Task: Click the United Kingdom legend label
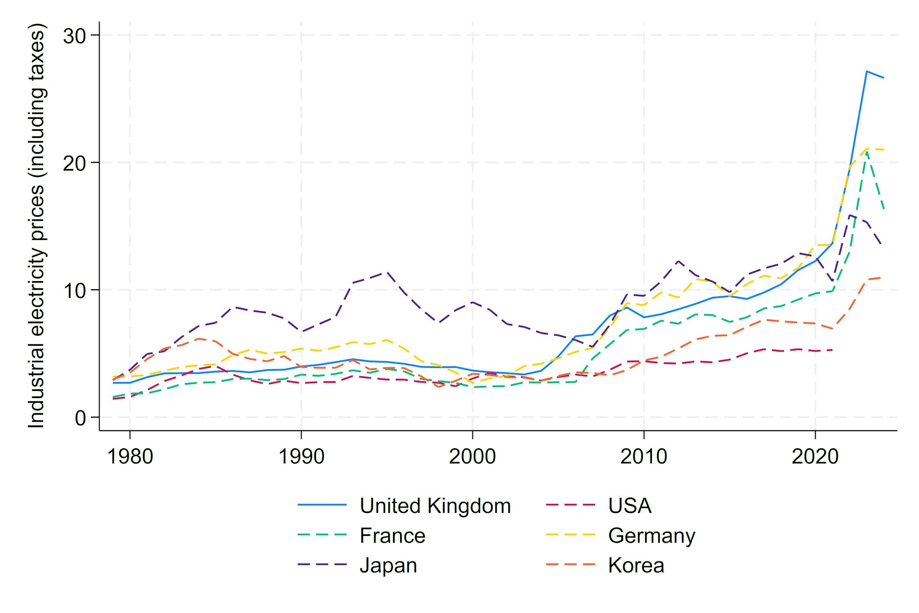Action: point(435,506)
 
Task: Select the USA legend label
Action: point(629,506)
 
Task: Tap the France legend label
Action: point(392,535)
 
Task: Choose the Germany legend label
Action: point(651,535)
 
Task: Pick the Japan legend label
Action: point(388,565)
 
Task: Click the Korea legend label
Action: point(636,565)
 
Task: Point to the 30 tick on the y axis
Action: point(74,35)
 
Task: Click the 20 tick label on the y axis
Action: point(74,163)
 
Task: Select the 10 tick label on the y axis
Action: point(74,290)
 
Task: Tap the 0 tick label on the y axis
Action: point(80,418)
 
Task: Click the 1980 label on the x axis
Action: point(130,456)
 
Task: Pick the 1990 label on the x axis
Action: point(301,456)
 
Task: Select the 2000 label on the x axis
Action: point(472,456)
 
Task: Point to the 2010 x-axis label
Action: point(643,456)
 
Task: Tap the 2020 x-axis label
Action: point(815,456)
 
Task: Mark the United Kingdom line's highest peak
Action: point(866,71)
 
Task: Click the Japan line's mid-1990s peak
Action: point(386,272)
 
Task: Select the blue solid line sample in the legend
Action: point(322,505)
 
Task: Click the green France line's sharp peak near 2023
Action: point(866,151)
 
